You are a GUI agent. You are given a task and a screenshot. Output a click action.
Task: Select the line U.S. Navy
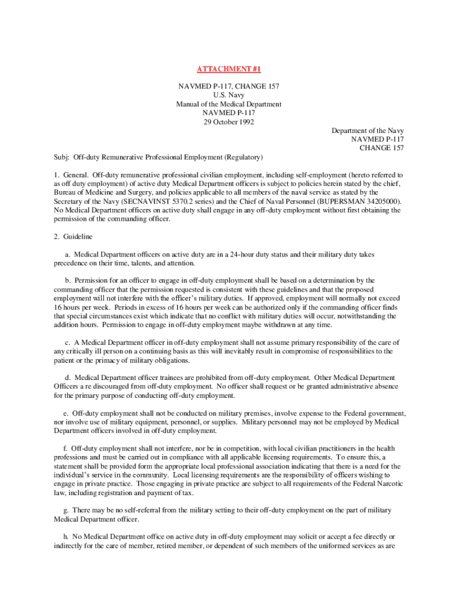click(229, 95)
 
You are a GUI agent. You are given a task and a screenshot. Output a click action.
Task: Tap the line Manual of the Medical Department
click(229, 104)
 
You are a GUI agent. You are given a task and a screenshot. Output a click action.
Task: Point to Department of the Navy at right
click(368, 131)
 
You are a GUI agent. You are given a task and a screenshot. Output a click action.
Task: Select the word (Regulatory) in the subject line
click(244, 157)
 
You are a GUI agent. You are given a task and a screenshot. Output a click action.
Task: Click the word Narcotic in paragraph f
click(388, 483)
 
